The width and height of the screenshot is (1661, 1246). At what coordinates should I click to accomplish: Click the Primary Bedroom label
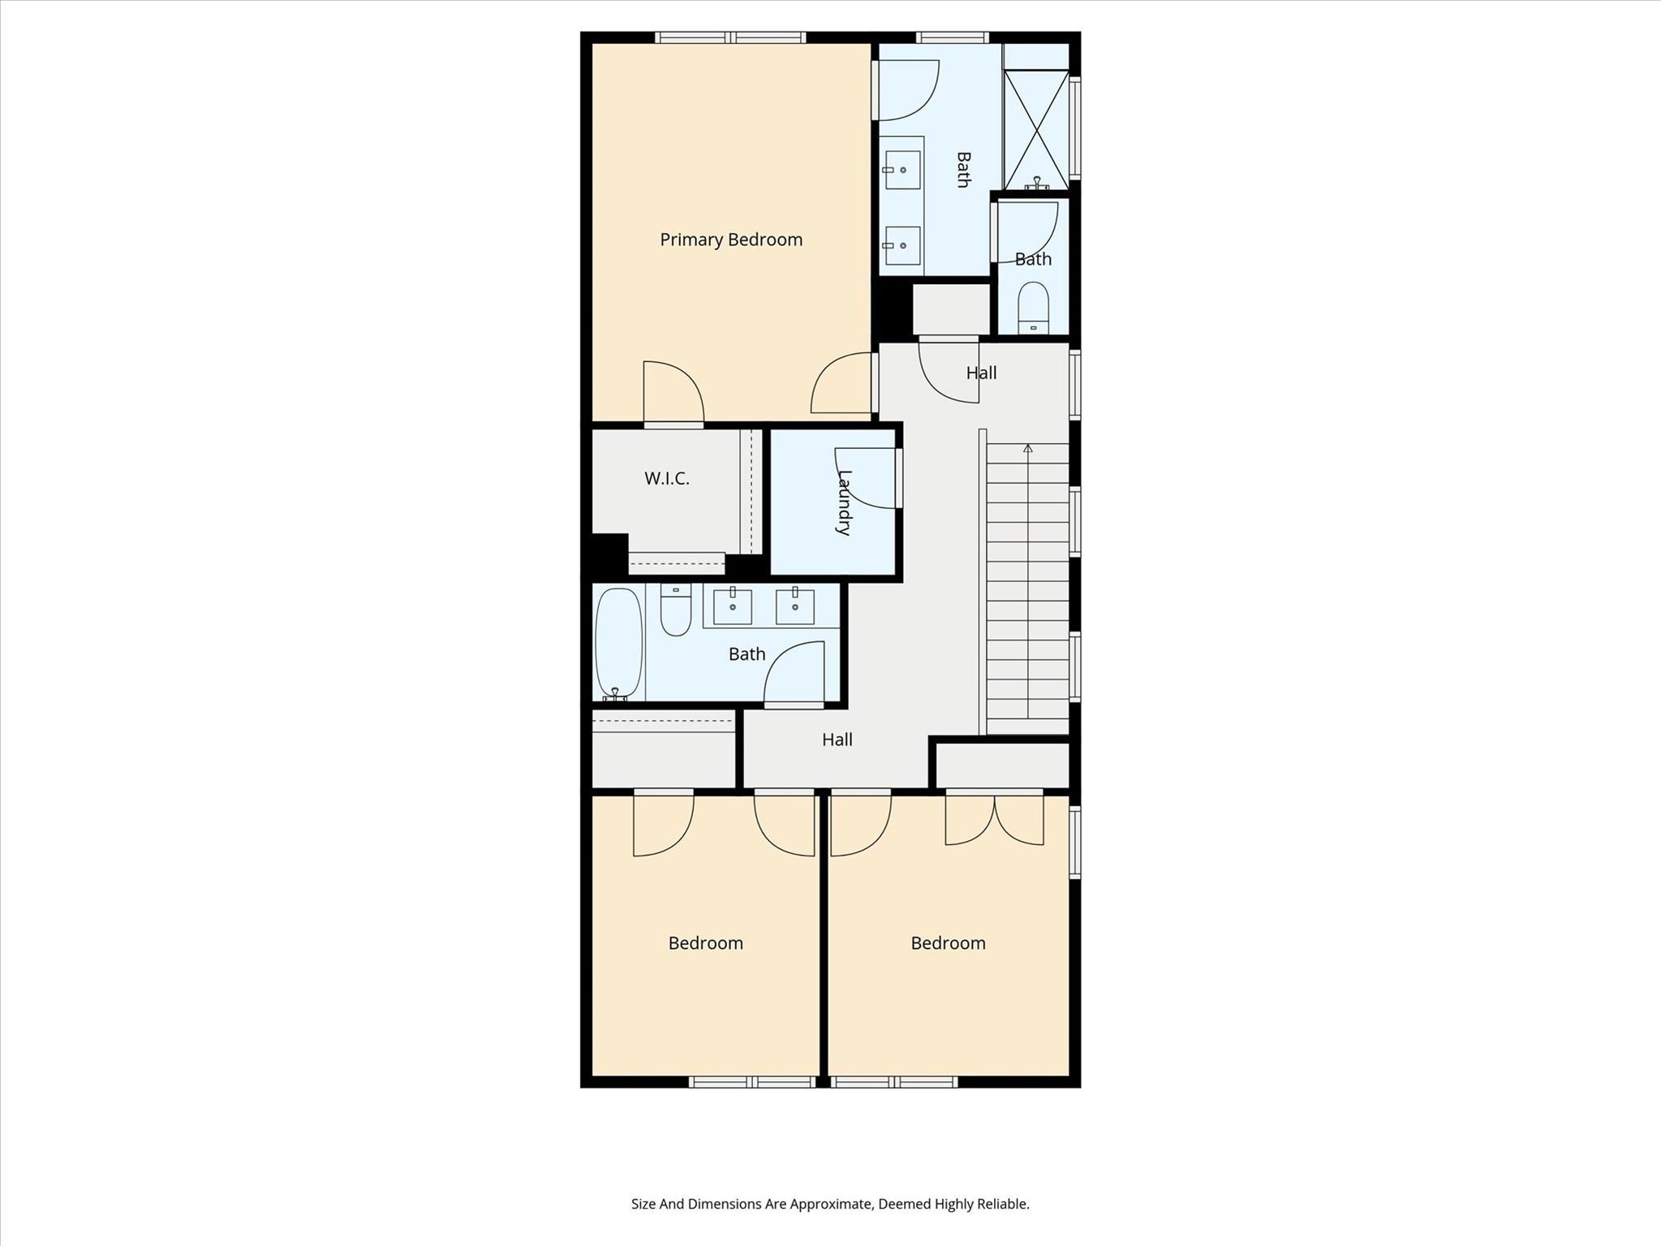coord(730,239)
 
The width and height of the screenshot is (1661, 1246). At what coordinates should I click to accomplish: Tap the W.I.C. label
coord(666,479)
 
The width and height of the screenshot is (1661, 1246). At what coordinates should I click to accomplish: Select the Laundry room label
coord(844,502)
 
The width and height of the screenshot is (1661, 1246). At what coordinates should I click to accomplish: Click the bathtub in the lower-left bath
coord(618,643)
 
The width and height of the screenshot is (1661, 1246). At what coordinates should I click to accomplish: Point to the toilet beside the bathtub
coord(675,610)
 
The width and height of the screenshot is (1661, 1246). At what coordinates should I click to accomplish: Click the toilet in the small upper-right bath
coord(1033,308)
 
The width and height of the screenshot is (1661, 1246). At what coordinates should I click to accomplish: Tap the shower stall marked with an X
coord(1036,130)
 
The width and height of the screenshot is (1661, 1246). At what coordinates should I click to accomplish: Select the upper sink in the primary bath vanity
coord(902,170)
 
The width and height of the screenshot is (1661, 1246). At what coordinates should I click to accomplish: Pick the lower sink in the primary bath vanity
coord(902,245)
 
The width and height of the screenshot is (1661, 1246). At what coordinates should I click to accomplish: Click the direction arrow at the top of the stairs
coord(1028,448)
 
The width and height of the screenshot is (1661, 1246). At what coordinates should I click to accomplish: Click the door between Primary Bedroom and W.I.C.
coord(673,394)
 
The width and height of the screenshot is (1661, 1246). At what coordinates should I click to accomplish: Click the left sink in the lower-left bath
coord(732,606)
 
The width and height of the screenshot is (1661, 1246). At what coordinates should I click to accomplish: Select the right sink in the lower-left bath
coord(794,606)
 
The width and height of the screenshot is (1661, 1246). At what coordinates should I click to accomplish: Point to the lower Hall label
coord(837,739)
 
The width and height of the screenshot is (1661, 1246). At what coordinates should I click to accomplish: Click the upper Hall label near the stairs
coord(981,373)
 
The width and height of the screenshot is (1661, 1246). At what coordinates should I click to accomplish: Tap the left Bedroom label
coord(705,943)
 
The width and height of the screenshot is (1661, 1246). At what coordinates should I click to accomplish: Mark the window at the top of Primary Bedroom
coord(730,37)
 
